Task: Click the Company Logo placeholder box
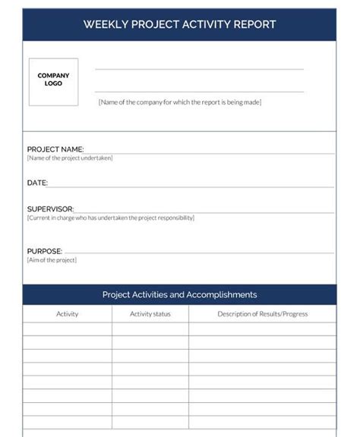[x=53, y=82]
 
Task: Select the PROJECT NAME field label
[x=55, y=149]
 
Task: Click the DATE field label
[x=37, y=183]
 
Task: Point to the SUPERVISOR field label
[x=50, y=209]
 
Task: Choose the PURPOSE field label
[x=44, y=251]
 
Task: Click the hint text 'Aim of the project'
[x=52, y=260]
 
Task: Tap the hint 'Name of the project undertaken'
[x=70, y=158]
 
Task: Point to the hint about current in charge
[x=111, y=218]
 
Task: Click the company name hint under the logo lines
[x=179, y=102]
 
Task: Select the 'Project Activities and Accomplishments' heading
[x=179, y=294]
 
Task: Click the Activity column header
[x=68, y=313]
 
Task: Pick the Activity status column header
[x=150, y=313]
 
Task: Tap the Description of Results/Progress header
[x=262, y=313]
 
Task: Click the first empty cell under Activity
[x=68, y=329]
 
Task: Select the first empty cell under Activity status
[x=150, y=329]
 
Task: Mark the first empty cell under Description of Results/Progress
[x=262, y=329]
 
